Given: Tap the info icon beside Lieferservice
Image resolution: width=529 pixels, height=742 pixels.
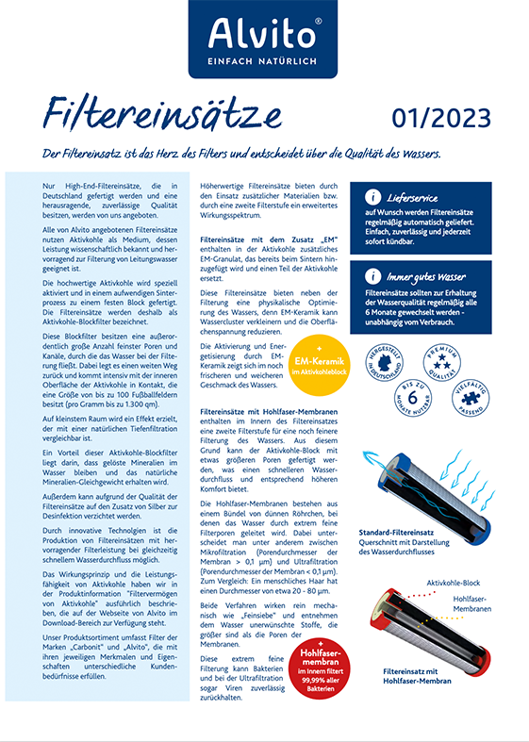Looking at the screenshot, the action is [373, 198].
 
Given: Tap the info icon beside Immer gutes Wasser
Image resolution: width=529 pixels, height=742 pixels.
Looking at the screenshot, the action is [373, 277].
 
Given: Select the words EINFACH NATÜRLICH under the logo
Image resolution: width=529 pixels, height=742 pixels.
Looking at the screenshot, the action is [264, 62].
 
